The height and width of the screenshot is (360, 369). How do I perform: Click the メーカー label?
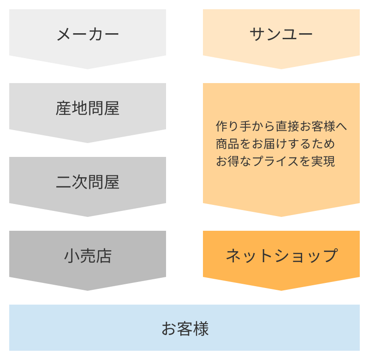pos(88,35)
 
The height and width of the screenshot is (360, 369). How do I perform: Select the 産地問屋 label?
pos(88,108)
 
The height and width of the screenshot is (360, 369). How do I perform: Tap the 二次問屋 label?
pos(88,182)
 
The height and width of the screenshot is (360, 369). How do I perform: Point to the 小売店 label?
pos(88,256)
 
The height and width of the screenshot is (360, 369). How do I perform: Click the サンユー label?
pos(281,35)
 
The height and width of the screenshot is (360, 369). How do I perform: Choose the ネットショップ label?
pos(281,256)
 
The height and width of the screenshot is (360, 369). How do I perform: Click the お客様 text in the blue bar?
pos(184,329)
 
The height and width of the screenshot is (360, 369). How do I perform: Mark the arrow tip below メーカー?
pos(88,68)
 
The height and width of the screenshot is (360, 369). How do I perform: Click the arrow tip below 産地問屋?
pos(88,142)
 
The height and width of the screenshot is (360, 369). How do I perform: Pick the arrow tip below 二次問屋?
pos(88,216)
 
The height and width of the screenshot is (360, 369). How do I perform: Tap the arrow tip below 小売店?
pos(88,289)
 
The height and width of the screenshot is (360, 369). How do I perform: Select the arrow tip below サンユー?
pos(281,68)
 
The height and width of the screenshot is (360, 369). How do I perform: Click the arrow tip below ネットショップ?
pos(281,289)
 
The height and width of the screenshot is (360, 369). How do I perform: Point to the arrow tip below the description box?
pos(281,216)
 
